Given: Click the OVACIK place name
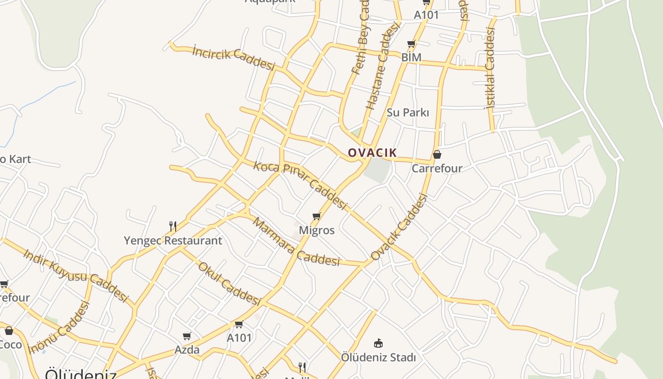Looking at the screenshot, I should [x=372, y=153].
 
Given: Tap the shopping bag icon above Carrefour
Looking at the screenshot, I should [x=437, y=154].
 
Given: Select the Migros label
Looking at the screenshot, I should [x=317, y=231].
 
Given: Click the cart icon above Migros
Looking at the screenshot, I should [x=317, y=217].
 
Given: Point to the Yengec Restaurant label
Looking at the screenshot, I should [x=173, y=241].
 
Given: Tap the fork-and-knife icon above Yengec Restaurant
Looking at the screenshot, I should [x=173, y=226].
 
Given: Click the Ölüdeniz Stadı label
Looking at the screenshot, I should [x=378, y=357].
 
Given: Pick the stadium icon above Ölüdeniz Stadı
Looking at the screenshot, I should [x=378, y=343].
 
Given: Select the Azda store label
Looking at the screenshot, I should [x=187, y=350].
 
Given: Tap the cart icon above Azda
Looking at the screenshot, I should [x=187, y=336].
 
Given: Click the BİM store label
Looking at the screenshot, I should [x=411, y=57].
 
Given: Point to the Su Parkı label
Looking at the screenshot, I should [x=408, y=113].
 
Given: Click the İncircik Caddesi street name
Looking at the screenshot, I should [x=233, y=57].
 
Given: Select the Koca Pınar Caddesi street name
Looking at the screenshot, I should [x=301, y=185].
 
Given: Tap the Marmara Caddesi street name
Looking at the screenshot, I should [x=296, y=242].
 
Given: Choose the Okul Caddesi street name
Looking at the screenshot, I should [x=229, y=284].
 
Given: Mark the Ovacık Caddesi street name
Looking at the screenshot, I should [x=399, y=227].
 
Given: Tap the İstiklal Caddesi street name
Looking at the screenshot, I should [x=490, y=68].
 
